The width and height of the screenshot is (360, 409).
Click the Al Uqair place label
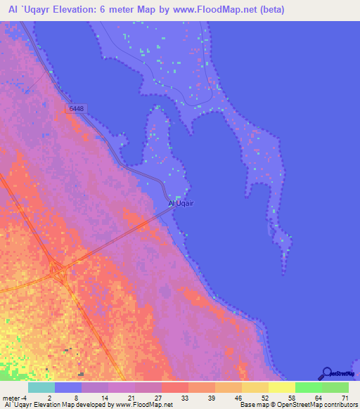point(181,204)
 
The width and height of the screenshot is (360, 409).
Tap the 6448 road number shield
point(77,109)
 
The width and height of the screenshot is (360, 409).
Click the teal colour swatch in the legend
point(41,387)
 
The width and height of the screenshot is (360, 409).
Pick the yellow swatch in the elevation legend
point(282,387)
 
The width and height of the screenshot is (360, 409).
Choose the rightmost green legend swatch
point(335,387)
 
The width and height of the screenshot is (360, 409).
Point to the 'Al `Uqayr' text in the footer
point(20,405)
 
